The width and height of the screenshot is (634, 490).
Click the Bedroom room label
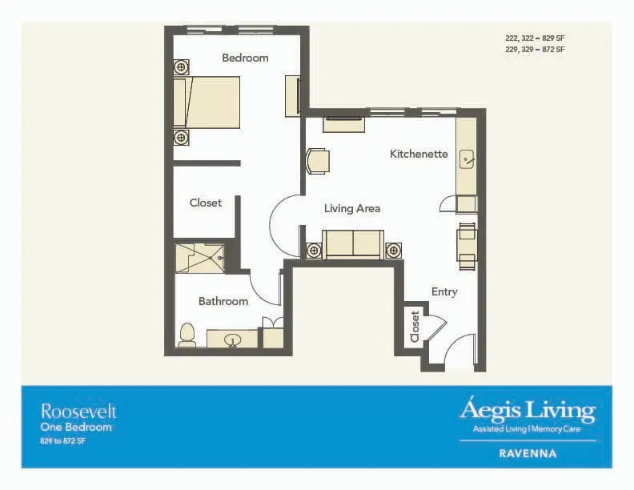(x=245, y=58)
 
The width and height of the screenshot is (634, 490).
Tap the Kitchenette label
(x=419, y=154)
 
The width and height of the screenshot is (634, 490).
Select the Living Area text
(x=352, y=209)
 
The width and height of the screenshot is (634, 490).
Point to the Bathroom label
(x=223, y=301)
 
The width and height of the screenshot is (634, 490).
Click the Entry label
(x=444, y=292)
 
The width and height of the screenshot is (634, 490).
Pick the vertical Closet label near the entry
(x=415, y=327)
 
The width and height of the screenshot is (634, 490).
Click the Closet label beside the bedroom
(x=206, y=203)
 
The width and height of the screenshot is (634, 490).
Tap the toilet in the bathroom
(x=187, y=335)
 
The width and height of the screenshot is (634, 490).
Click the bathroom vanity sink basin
(x=232, y=339)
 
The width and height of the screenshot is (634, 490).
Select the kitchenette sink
(x=467, y=159)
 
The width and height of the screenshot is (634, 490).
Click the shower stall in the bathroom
(x=200, y=258)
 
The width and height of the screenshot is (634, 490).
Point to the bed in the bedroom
(x=207, y=102)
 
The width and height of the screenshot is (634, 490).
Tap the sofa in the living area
(x=353, y=243)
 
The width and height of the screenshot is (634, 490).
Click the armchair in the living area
(x=318, y=161)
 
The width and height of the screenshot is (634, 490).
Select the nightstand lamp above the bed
(x=182, y=66)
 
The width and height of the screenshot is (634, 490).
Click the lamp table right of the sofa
(x=393, y=251)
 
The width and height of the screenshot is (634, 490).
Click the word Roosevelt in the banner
(x=78, y=412)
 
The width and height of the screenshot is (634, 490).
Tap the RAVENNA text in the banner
(x=528, y=454)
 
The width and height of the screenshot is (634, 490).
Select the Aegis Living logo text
(x=528, y=410)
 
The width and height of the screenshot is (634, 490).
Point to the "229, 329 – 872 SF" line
(x=535, y=50)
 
